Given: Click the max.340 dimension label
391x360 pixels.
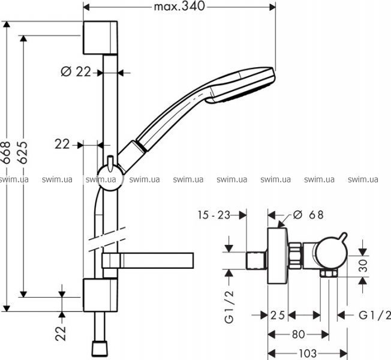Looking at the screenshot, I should (180, 7).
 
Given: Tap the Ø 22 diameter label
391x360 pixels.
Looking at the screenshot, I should (76, 71).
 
